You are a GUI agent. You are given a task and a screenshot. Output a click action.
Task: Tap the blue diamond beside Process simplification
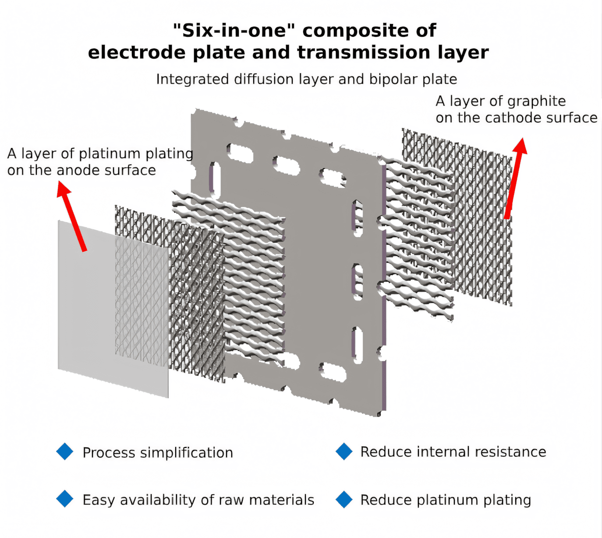tap(65, 451)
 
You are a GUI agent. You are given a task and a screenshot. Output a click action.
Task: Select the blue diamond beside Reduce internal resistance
tap(344, 451)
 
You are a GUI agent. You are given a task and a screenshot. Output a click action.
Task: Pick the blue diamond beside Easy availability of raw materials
tap(65, 499)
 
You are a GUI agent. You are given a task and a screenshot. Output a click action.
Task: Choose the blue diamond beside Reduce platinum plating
tap(344, 499)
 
